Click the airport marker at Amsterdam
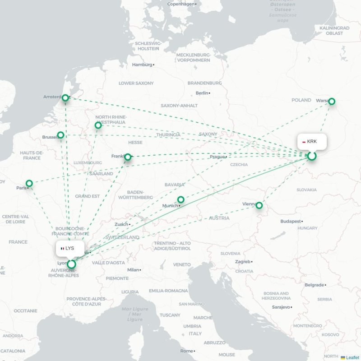65,98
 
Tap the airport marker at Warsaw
332,102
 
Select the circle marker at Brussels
60,135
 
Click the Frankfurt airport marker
128,157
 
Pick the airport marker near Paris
29,183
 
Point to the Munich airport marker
180,199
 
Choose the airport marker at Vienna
259,205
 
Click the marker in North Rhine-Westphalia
98,125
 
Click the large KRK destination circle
311,156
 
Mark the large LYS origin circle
71,264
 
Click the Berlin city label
202,93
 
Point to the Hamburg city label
142,65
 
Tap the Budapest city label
290,222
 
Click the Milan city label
133,269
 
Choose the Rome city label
186,351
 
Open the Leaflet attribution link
352,357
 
